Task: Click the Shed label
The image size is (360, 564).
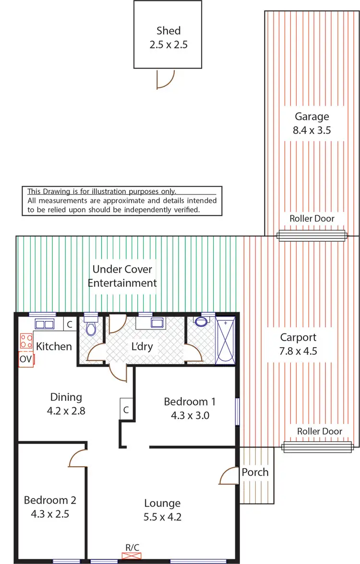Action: pos(168,31)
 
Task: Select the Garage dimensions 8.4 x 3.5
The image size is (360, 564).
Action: pos(312,129)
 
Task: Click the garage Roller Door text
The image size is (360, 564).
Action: pos(312,219)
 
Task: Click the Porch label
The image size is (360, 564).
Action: pos(255,472)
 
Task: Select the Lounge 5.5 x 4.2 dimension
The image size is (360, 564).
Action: pos(163,517)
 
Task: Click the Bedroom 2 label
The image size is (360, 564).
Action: pos(50,500)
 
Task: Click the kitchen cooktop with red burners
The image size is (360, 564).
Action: pos(25,341)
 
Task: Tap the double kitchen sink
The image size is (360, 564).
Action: pos(44,325)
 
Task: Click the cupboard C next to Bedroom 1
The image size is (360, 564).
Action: pos(126,410)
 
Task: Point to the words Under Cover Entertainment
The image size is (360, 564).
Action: pos(125,276)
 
